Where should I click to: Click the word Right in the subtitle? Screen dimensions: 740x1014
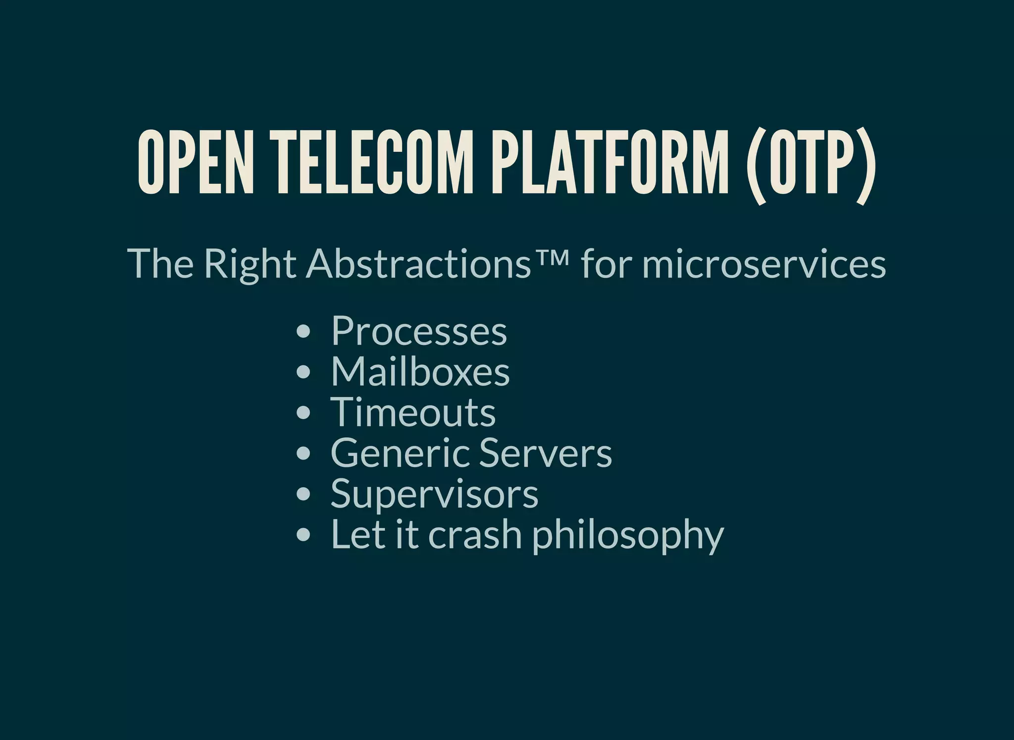click(x=250, y=264)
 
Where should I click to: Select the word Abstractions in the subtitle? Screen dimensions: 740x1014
click(x=419, y=264)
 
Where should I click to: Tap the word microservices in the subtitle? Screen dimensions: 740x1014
click(x=764, y=264)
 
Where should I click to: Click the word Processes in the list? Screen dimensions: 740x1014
click(x=419, y=331)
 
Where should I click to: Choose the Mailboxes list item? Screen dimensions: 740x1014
click(x=420, y=372)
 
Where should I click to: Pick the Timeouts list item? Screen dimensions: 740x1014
click(x=413, y=412)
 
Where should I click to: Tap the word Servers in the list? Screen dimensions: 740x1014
click(x=545, y=453)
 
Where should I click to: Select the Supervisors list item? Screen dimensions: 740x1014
click(x=434, y=494)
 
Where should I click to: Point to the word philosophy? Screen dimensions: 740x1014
click(x=628, y=535)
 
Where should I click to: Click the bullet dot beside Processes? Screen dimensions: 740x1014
click(x=303, y=332)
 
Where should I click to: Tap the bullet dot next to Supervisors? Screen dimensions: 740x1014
click(x=303, y=494)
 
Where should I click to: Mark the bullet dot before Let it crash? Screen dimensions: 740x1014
click(x=303, y=535)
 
